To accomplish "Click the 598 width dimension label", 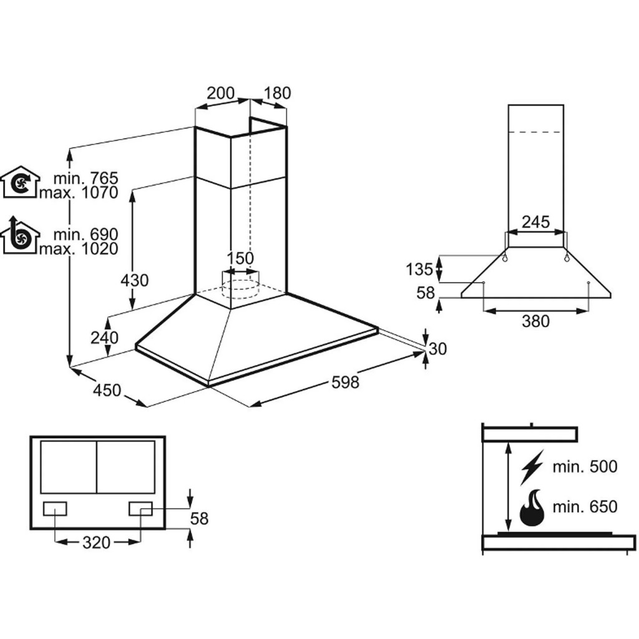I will [345, 382].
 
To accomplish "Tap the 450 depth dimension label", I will [107, 390].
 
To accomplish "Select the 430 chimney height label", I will [135, 280].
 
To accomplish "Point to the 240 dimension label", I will [104, 338].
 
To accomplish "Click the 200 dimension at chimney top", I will [221, 94].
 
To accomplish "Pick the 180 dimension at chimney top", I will [277, 94].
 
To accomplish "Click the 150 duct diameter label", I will [240, 258].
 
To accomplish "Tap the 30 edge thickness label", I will [438, 349].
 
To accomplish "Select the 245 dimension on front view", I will [535, 221].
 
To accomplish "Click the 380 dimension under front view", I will [535, 321].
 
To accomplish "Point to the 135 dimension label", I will [419, 270].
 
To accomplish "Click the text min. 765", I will [85, 179].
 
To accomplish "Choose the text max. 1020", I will [78, 248].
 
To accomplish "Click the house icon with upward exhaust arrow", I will [20, 235].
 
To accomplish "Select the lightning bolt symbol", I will [532, 466].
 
